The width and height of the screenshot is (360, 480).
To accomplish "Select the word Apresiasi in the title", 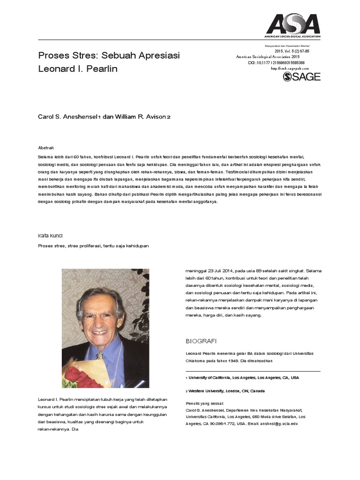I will tap(158, 56).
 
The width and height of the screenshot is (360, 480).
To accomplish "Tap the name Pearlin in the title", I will tap(102, 69).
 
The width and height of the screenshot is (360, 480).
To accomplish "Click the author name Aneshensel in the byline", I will tap(81, 116).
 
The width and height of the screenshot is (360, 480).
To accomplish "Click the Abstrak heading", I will tap(46, 147).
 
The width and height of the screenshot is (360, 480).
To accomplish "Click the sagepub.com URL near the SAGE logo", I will tap(290, 68).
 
